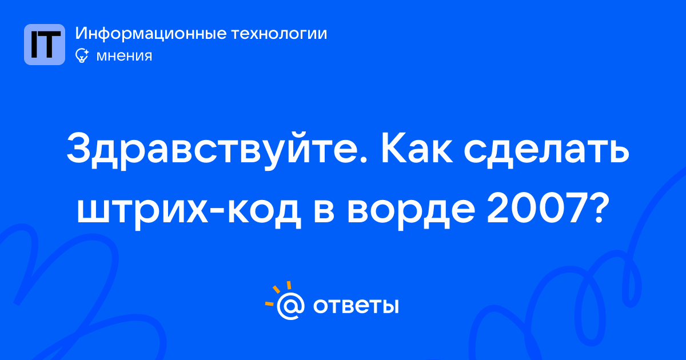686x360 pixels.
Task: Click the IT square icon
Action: (45, 45)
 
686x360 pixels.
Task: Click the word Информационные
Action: (150, 34)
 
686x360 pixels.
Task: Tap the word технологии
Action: (279, 34)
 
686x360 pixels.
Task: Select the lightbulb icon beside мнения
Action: (82, 55)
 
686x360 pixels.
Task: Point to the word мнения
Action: (124, 56)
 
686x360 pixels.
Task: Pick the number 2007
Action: (537, 209)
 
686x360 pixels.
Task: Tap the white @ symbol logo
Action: (290, 306)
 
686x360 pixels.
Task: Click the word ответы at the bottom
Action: (356, 306)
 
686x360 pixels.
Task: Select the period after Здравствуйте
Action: (363, 159)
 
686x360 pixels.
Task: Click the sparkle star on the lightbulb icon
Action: (86, 52)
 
